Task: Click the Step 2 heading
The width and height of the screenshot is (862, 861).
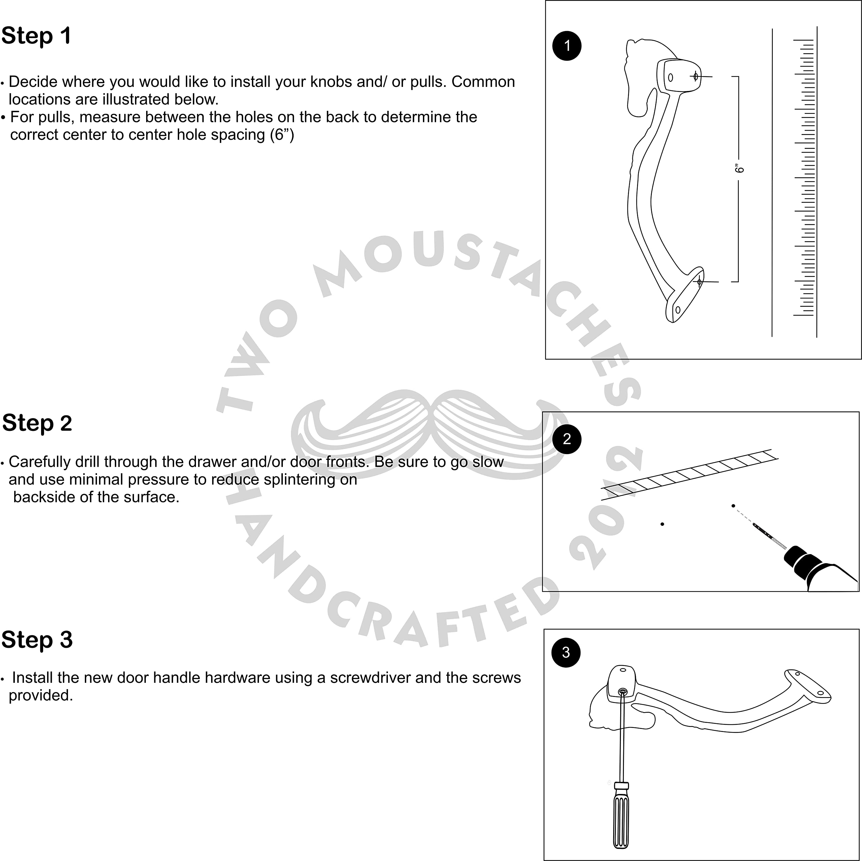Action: (37, 423)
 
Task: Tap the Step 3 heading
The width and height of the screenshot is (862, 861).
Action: (37, 640)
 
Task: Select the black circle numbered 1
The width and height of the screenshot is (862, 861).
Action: (567, 45)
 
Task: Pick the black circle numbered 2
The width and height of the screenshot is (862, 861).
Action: (567, 439)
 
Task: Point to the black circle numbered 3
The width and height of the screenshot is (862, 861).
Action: (566, 652)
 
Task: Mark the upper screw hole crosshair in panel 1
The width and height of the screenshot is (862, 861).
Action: (696, 76)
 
